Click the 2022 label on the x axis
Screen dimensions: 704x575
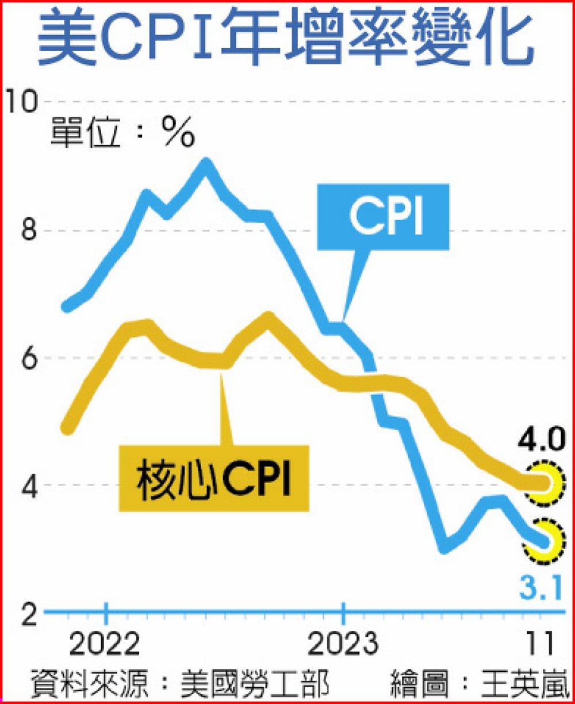point(105,645)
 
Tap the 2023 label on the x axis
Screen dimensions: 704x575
point(343,645)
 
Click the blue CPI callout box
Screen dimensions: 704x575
point(383,217)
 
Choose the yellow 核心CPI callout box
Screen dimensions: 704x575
point(214,478)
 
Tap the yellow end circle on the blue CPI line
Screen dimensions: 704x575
point(543,541)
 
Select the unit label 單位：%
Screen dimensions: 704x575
point(122,134)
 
